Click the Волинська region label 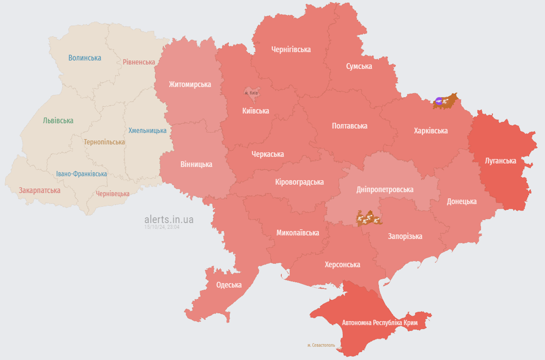(x=84, y=58)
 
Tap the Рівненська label (x=139, y=62)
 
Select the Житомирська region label (x=189, y=84)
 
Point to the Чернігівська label (x=291, y=49)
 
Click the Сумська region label (x=359, y=66)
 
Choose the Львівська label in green (x=58, y=120)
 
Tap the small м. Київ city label (x=251, y=93)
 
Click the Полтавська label (x=349, y=126)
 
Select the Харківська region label (x=431, y=131)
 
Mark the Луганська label (x=500, y=161)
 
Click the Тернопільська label (x=104, y=142)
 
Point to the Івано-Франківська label (x=82, y=174)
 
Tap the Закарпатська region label (x=39, y=190)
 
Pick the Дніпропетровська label (x=385, y=189)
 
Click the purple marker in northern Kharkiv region (x=439, y=100)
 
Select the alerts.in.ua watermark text (x=169, y=219)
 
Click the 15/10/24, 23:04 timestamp (x=162, y=227)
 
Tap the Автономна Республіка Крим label (x=379, y=323)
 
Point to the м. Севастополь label (x=321, y=345)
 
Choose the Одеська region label (x=229, y=285)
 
